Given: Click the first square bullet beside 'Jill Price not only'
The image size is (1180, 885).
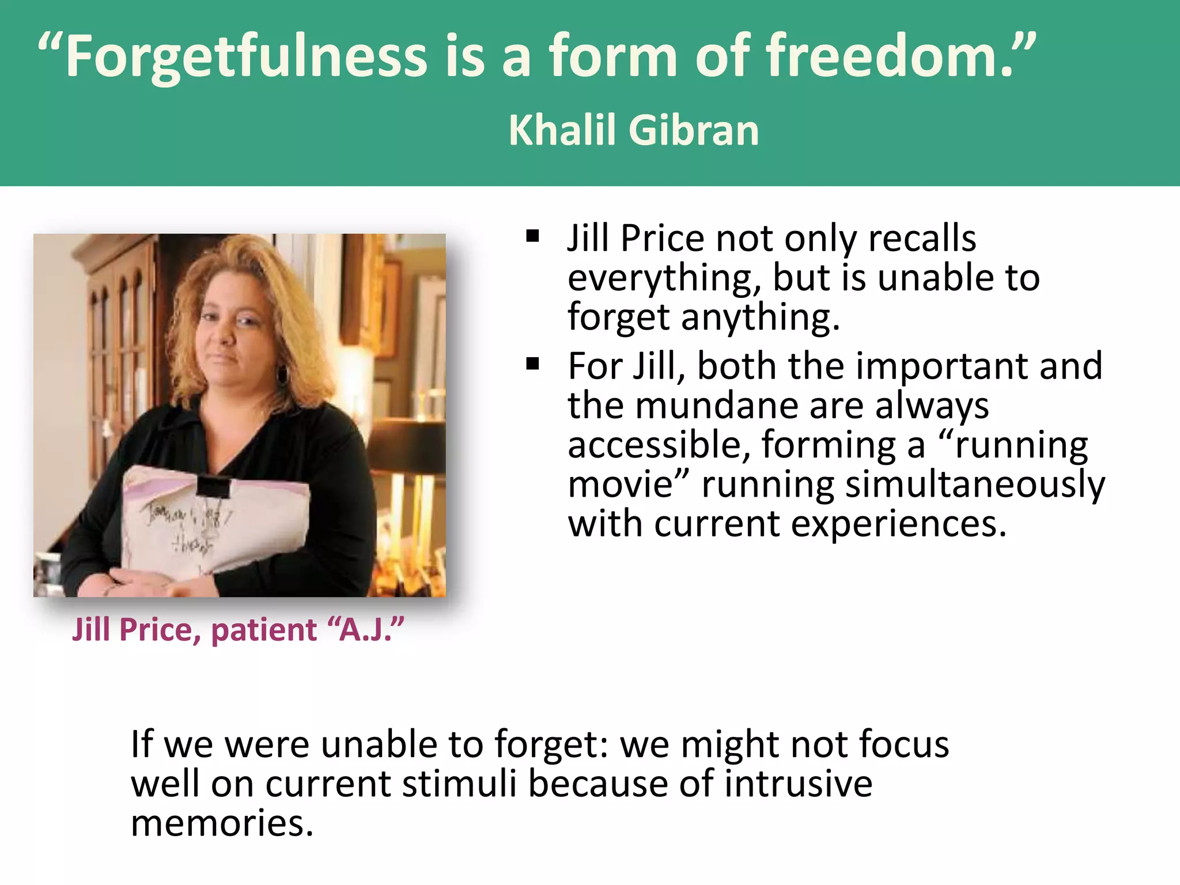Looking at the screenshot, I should (532, 236).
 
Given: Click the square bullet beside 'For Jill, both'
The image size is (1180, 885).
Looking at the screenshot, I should (532, 364).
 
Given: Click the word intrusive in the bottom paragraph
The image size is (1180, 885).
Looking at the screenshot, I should (798, 784).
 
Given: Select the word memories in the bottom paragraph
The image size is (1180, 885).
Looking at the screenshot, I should (222, 823).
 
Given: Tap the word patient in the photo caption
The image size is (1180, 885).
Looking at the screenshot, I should (264, 630).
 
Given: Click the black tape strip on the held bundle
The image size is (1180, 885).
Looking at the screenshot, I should (213, 487).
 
